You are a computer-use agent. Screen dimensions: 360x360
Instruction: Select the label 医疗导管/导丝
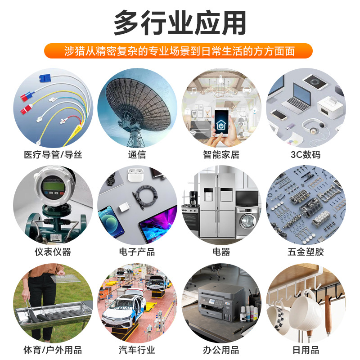[53, 155]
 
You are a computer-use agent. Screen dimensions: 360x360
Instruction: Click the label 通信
[137, 155]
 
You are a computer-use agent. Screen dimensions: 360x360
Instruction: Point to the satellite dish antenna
[135, 103]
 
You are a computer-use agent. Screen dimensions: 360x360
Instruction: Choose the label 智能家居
[221, 155]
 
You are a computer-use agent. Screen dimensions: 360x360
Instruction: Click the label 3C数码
[306, 155]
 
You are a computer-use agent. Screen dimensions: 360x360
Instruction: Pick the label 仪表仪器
[53, 252]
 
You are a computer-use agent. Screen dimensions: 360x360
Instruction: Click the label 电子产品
[137, 252]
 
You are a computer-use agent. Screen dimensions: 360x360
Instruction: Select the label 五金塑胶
[306, 252]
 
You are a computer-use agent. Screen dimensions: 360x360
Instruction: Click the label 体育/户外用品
[53, 350]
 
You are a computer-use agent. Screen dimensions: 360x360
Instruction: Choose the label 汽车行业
[137, 350]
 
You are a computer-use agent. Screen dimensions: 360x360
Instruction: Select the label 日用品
[306, 350]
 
